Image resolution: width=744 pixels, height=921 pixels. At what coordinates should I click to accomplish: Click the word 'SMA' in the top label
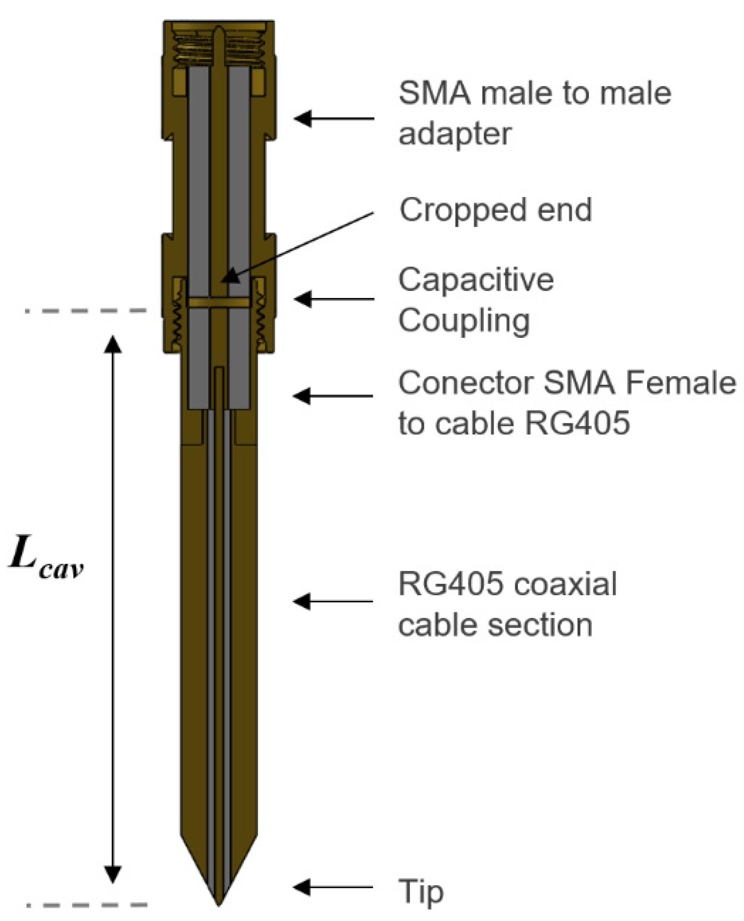pos(434,94)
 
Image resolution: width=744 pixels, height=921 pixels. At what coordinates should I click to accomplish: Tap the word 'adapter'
pos(455,134)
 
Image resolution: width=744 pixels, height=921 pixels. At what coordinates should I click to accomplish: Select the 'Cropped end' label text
pos(495,210)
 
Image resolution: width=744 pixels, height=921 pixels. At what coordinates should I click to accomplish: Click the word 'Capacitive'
pos(476,280)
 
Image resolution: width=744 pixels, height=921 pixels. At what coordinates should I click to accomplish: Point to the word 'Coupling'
pos(464,321)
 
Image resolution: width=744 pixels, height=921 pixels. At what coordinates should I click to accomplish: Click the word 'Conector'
pos(465,383)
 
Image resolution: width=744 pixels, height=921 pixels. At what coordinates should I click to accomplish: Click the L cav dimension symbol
pos(45,558)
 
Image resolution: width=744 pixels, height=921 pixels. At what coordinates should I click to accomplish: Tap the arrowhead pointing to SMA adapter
pos(303,118)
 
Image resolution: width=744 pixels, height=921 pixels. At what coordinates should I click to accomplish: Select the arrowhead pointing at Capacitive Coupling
pos(303,299)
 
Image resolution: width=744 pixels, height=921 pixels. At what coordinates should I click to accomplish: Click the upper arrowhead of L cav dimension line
pos(113,345)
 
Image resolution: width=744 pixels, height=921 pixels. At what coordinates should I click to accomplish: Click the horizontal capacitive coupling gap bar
pos(218,303)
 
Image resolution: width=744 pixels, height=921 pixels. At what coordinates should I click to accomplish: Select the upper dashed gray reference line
pos(86,310)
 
